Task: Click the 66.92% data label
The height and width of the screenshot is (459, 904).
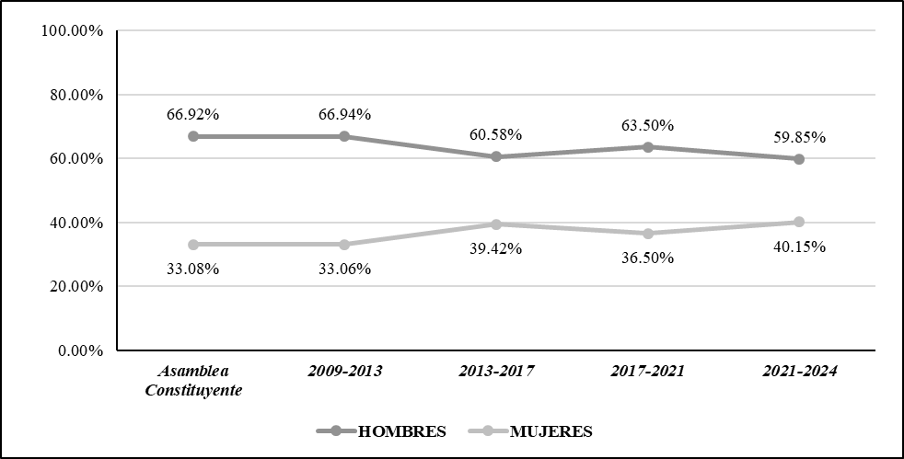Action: click(x=192, y=115)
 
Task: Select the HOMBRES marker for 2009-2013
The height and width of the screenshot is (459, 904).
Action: click(x=344, y=136)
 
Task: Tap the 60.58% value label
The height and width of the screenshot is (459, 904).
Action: click(x=496, y=134)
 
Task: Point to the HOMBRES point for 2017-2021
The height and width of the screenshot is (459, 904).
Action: click(x=647, y=147)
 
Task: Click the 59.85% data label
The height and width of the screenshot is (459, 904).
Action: click(x=799, y=137)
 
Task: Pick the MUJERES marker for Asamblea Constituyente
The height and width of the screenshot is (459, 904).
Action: click(x=192, y=245)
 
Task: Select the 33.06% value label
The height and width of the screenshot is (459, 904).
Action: click(x=344, y=269)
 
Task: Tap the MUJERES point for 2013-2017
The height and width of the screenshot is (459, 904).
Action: click(x=496, y=224)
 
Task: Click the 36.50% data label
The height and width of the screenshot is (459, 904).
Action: click(x=647, y=258)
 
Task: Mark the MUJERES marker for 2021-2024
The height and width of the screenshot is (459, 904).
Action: click(x=799, y=222)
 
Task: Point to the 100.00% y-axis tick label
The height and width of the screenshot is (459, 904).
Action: click(x=72, y=31)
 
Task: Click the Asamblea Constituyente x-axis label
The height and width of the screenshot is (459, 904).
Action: click(x=192, y=380)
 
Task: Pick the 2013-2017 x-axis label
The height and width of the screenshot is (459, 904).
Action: click(x=496, y=372)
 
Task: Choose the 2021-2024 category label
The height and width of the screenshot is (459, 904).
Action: click(x=799, y=372)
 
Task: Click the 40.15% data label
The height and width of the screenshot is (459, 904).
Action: click(x=799, y=247)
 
